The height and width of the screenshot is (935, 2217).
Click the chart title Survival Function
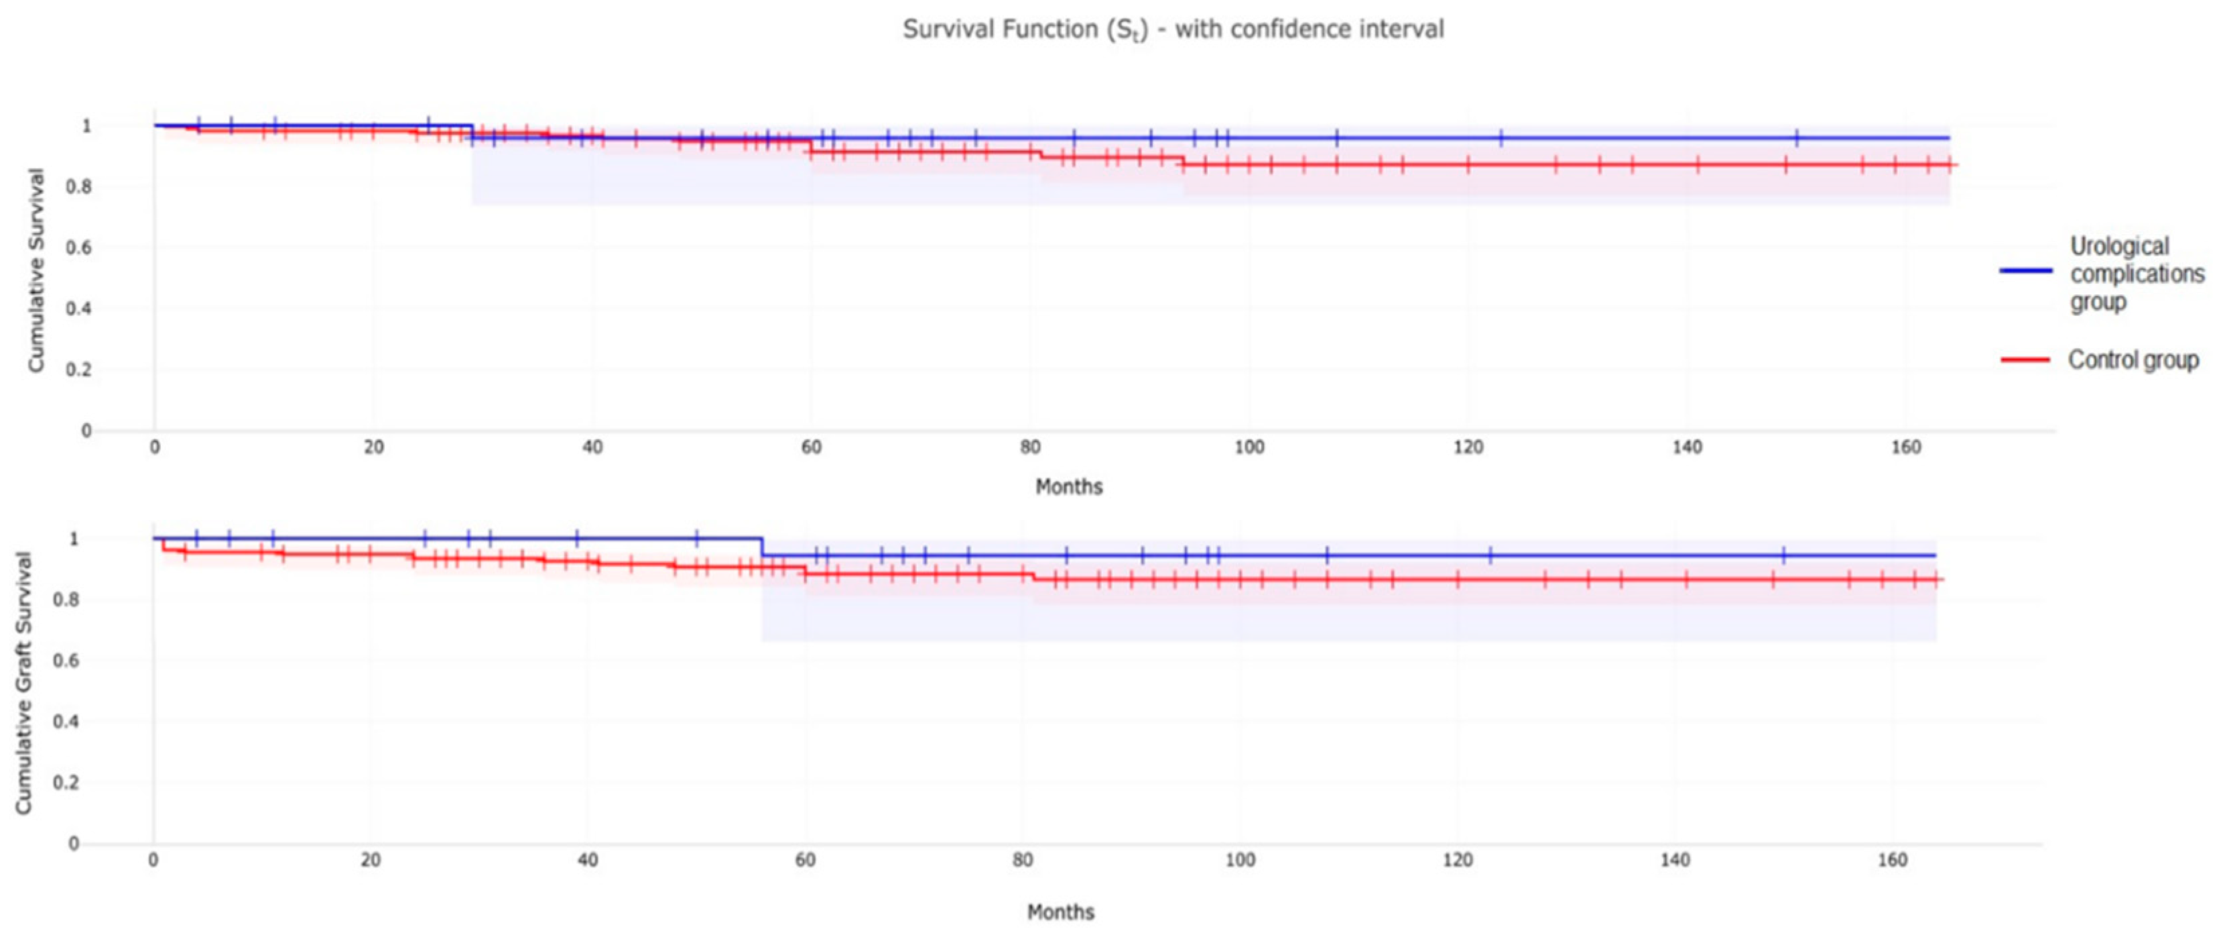[1172, 30]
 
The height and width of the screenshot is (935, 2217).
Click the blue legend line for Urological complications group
[2026, 270]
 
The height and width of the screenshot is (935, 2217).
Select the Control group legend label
[2133, 360]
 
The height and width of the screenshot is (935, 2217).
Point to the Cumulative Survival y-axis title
[36, 270]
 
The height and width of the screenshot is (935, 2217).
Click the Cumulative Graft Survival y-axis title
[23, 682]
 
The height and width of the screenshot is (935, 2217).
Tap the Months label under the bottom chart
[1060, 912]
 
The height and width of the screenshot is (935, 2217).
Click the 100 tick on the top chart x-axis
[1249, 447]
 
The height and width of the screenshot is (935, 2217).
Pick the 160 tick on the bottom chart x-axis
[1892, 860]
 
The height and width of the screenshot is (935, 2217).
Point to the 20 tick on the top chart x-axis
[373, 447]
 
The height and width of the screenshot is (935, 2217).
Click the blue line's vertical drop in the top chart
[472, 131]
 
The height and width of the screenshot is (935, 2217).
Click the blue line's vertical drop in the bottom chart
[761, 547]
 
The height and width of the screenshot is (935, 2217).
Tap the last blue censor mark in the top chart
[1796, 137]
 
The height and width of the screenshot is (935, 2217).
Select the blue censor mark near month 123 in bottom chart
[1491, 555]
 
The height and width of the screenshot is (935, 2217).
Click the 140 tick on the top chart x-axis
[1687, 447]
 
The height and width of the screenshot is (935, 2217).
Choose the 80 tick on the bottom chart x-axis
[1023, 860]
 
